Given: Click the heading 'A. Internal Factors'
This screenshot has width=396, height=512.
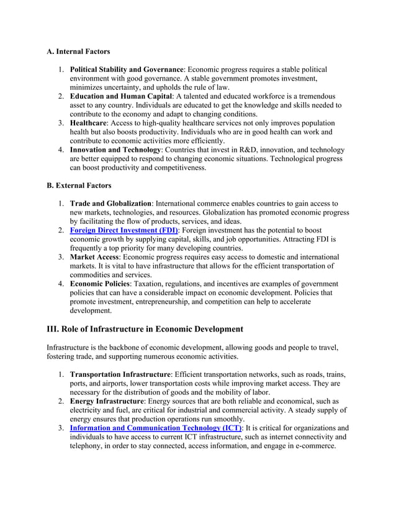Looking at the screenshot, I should [x=79, y=51].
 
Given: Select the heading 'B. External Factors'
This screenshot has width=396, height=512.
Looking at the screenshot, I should [x=79, y=185].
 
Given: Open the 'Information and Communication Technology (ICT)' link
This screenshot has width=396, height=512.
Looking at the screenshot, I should [x=155, y=428].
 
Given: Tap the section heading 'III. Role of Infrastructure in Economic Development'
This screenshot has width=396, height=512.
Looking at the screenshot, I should [x=145, y=329].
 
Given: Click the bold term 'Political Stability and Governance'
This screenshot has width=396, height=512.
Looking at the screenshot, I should [x=127, y=69].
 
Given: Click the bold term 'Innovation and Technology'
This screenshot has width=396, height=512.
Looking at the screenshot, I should [x=115, y=150].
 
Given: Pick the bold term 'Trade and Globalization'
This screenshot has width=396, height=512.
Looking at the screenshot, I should [x=110, y=203].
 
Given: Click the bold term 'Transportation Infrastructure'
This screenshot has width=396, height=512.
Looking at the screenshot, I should [x=120, y=374].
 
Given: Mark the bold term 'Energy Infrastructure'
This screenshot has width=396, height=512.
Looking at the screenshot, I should [x=107, y=401].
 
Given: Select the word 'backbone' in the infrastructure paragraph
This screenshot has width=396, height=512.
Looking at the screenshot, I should [x=127, y=348].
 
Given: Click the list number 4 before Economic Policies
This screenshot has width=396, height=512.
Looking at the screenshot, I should [x=61, y=283].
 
